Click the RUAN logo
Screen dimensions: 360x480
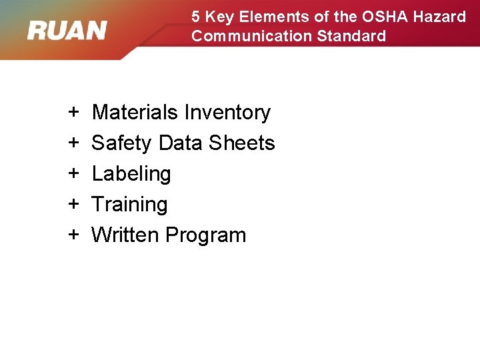point(67,30)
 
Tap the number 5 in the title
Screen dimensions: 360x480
point(196,17)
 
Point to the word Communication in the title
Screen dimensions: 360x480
point(251,36)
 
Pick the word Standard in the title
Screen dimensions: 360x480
point(351,36)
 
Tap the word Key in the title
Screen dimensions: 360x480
point(219,17)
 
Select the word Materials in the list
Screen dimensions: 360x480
point(135,113)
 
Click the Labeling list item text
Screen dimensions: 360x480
point(131,174)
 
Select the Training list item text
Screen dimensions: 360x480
point(129,205)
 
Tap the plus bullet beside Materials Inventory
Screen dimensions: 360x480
point(73,113)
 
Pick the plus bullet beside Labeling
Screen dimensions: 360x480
point(73,174)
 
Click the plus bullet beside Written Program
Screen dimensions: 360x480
point(73,235)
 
